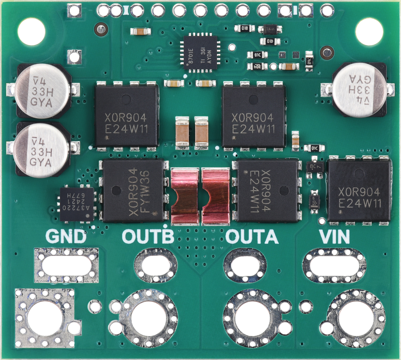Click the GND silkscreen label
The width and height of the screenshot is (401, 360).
click(66, 236)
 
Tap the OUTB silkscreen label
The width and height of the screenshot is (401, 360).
click(148, 236)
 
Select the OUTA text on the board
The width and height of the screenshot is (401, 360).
click(252, 236)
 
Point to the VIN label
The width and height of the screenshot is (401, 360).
click(335, 236)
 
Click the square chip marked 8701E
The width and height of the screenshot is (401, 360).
click(200, 52)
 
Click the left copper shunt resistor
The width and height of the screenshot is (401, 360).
click(185, 196)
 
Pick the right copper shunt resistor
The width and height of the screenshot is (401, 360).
click(216, 196)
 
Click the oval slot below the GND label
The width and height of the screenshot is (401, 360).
click(66, 265)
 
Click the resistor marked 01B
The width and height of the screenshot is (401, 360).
click(245, 28)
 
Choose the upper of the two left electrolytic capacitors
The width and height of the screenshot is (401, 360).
click(42, 91)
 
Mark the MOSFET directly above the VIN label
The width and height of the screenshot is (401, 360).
click(359, 191)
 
